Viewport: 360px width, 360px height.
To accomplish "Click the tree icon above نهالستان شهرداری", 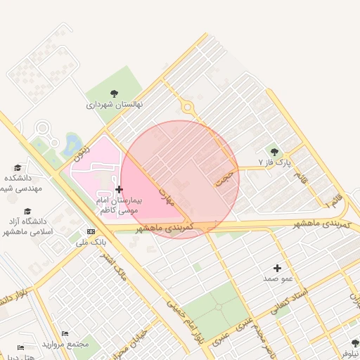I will (115, 94).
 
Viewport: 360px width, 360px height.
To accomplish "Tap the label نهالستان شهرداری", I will (115, 105).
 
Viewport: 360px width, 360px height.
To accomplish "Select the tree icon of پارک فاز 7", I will (274, 152).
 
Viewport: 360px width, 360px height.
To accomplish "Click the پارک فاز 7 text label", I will (274, 162).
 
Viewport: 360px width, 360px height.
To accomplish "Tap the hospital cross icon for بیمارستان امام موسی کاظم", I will (119, 189).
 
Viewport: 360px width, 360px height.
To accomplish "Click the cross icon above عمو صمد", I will (277, 268).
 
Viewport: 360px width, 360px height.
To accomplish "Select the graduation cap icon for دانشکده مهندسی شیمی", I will (18, 167).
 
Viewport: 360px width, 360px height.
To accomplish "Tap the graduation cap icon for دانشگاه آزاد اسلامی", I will (27, 211).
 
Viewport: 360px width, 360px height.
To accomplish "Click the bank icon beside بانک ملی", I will (90, 231).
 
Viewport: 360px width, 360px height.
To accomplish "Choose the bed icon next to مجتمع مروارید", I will (65, 333).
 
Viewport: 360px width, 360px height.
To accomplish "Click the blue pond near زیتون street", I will (72, 145).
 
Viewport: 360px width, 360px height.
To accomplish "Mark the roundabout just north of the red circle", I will (187, 108).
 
